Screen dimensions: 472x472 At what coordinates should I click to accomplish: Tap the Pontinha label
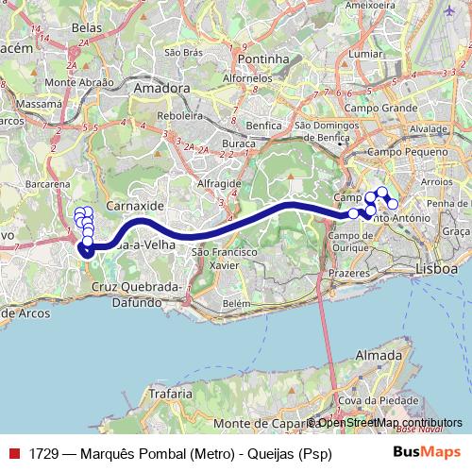click(263, 58)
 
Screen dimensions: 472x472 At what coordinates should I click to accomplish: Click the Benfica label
click(263, 125)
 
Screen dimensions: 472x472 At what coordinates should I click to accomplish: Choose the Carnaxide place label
click(136, 204)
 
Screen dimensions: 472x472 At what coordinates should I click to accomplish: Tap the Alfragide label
click(219, 182)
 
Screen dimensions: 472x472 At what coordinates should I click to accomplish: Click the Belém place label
click(236, 303)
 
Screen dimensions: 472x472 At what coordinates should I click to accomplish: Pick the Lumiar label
click(366, 54)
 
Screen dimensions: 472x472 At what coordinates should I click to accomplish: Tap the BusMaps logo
click(428, 452)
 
